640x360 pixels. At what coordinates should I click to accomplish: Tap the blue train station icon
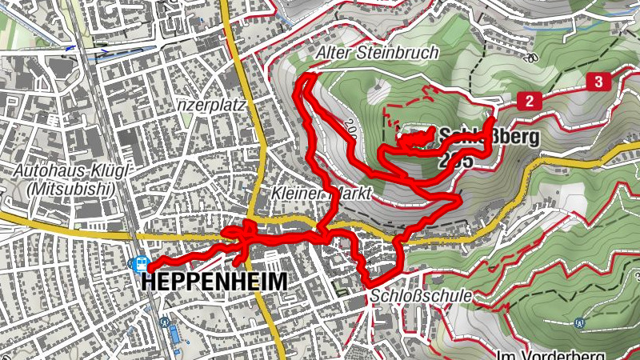click(x=140, y=263)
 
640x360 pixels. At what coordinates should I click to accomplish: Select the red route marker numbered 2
click(x=529, y=100)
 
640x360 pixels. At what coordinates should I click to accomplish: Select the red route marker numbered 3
click(x=598, y=81)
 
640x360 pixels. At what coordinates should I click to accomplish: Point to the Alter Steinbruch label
click(x=378, y=54)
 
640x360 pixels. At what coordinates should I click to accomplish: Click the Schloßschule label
click(x=421, y=296)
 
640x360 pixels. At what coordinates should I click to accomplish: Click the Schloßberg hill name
click(x=488, y=136)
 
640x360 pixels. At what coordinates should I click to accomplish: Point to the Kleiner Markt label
click(x=320, y=193)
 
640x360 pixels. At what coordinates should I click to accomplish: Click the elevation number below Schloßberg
click(x=456, y=161)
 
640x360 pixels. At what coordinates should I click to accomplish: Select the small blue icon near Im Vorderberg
click(x=578, y=323)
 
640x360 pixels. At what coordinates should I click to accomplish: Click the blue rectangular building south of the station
click(x=174, y=334)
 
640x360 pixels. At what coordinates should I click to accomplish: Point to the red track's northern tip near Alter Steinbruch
click(x=304, y=77)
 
